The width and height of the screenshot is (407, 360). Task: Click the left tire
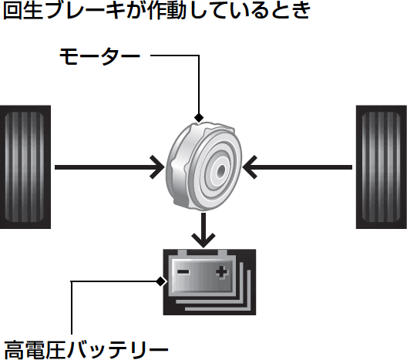tap(25, 167)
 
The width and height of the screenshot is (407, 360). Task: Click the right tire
tap(382, 167)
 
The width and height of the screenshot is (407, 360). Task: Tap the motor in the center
tap(204, 166)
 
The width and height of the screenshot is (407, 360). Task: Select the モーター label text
tap(100, 56)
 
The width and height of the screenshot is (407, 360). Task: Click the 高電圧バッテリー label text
tap(86, 349)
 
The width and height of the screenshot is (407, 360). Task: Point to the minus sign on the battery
tap(183, 272)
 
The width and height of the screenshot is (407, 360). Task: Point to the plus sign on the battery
tap(222, 273)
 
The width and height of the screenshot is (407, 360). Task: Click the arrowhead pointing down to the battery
tap(203, 241)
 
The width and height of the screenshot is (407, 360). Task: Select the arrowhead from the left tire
tap(157, 167)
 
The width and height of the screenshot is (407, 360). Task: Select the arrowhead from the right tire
tap(250, 167)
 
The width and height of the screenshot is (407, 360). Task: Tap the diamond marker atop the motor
tap(199, 118)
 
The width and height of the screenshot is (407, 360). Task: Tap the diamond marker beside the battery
tap(160, 281)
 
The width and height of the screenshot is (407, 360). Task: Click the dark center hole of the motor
tap(221, 170)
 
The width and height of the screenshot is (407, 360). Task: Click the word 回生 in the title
tap(23, 10)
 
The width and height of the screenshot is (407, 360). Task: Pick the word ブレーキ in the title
tap(85, 10)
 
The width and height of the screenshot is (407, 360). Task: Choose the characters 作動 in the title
tap(166, 10)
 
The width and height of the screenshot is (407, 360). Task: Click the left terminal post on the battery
tap(182, 253)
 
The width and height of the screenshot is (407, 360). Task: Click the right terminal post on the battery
tap(223, 253)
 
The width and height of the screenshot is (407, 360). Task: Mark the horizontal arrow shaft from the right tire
tap(299, 167)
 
